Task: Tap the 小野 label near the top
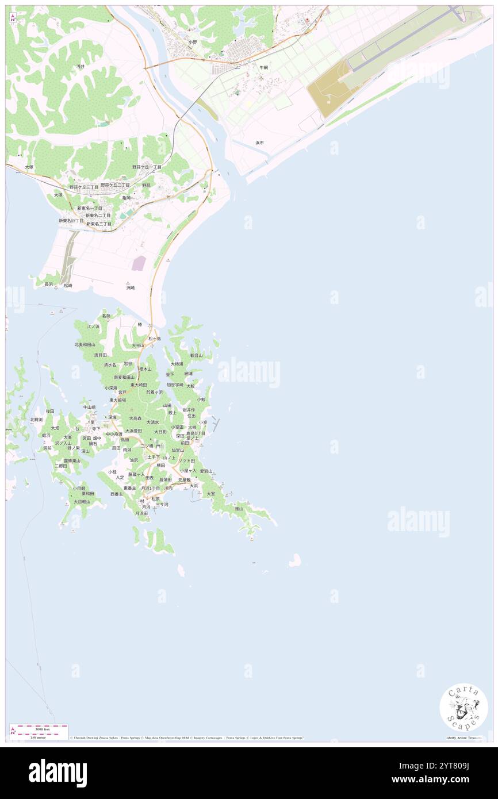tap(192, 43)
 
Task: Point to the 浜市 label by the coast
tap(259, 143)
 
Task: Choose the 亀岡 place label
tap(126, 198)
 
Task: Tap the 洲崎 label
tap(131, 287)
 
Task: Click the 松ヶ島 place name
tap(155, 339)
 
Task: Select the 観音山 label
tap(197, 356)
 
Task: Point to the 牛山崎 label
tap(90, 408)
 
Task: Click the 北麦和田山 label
tap(85, 344)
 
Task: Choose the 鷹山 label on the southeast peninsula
tap(239, 509)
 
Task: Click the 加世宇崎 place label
tap(175, 385)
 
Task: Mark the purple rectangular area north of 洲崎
tap(139, 263)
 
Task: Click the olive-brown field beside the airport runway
tap(330, 89)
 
